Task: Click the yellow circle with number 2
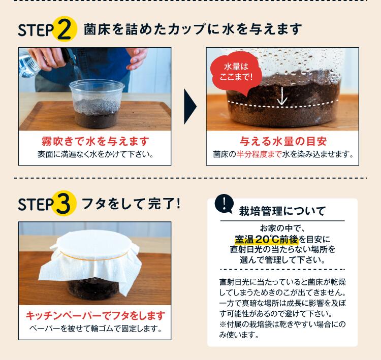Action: pos(65,29)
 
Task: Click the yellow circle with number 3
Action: pos(65,203)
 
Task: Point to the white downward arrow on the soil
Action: pos(282,96)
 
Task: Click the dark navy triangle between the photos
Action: pos(190,107)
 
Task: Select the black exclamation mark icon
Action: pos(224,204)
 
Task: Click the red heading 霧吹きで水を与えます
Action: pos(96,141)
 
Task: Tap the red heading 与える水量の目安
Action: pos(283,141)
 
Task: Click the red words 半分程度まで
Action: pos(259,154)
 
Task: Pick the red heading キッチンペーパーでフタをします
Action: pos(96,316)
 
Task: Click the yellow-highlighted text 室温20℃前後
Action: pos(266,240)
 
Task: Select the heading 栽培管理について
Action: pos(282,211)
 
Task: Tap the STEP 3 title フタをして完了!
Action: pos(132,204)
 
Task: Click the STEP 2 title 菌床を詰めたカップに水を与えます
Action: pos(193,29)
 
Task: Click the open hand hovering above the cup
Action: pos(137,58)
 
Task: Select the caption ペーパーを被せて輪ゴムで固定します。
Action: pos(96,329)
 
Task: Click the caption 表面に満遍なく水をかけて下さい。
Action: pos(96,154)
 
